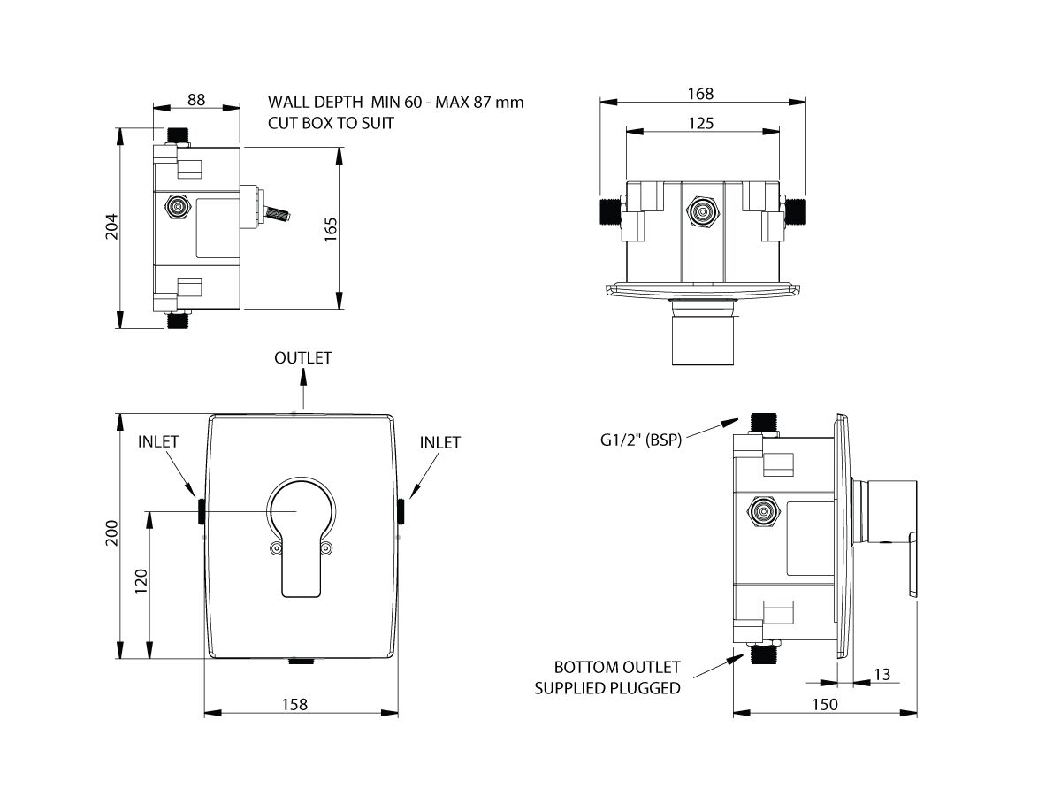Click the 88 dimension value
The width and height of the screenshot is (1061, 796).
tap(196, 100)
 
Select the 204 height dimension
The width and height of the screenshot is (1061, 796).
tap(110, 226)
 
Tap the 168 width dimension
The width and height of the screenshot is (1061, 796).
tap(700, 93)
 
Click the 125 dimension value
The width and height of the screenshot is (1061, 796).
tap(700, 123)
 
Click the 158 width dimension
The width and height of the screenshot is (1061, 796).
tap(294, 704)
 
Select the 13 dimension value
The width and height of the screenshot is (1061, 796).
tap(882, 675)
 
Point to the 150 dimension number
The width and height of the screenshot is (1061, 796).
tap(824, 704)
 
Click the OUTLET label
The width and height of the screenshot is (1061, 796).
tap(302, 358)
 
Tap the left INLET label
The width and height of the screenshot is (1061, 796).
tap(158, 441)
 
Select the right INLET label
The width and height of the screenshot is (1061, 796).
tap(439, 442)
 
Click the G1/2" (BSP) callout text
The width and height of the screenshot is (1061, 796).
tap(638, 440)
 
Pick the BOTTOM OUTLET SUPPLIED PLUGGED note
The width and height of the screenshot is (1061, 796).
tap(617, 677)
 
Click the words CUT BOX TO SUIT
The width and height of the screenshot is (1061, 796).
tap(331, 124)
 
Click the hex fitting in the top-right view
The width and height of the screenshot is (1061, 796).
tap(704, 212)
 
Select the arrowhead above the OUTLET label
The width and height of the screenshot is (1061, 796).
tap(302, 376)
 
